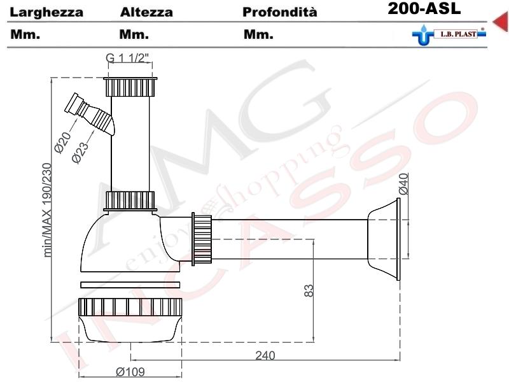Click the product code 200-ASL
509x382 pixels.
(423, 10)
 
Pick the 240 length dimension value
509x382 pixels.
(265, 355)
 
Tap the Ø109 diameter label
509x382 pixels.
(131, 372)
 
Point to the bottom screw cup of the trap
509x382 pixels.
(131, 318)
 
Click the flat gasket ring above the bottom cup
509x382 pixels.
(131, 285)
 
